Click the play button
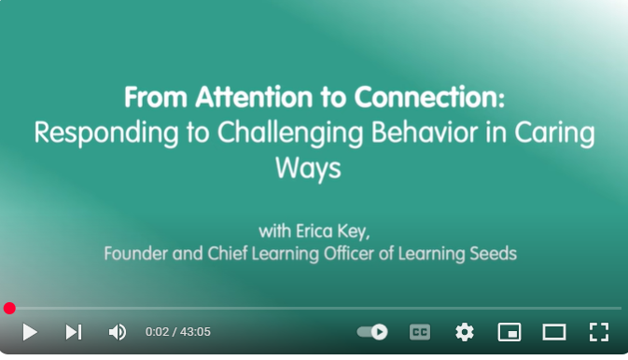click(30, 332)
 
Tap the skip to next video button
click(74, 332)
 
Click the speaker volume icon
click(118, 332)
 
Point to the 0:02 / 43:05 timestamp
click(178, 332)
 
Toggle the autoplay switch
click(372, 332)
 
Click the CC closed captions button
click(420, 332)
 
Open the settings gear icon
click(465, 332)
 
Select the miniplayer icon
click(509, 332)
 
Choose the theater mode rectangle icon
click(554, 332)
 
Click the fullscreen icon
click(599, 332)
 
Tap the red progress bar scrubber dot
click(9, 309)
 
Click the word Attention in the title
click(254, 97)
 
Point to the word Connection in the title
click(429, 97)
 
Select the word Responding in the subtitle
click(106, 133)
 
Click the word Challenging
click(290, 133)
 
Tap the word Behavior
click(425, 132)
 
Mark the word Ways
click(308, 169)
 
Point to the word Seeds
click(493, 254)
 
